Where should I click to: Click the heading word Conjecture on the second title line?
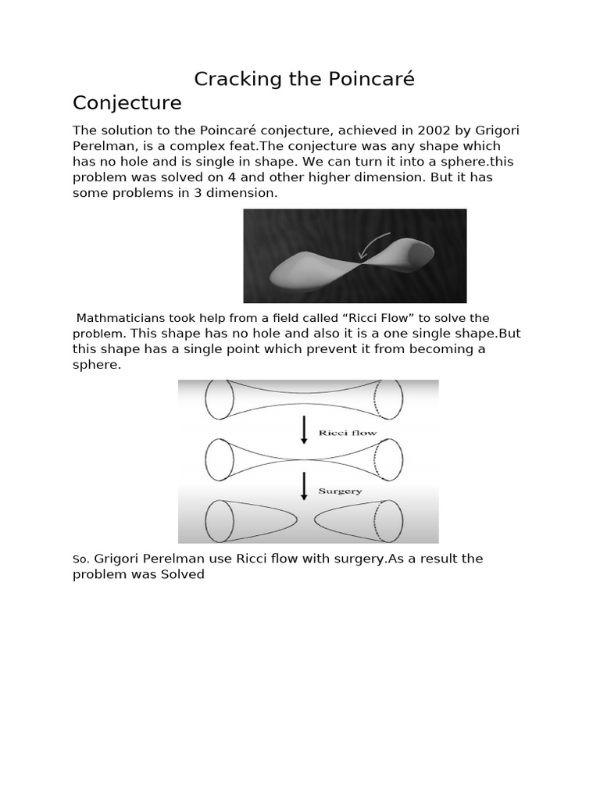tap(127, 103)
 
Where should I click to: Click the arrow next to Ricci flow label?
tap(304, 430)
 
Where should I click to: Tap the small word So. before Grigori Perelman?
tap(81, 559)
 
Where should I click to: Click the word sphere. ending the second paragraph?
tap(97, 365)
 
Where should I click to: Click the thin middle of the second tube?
tap(304, 458)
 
